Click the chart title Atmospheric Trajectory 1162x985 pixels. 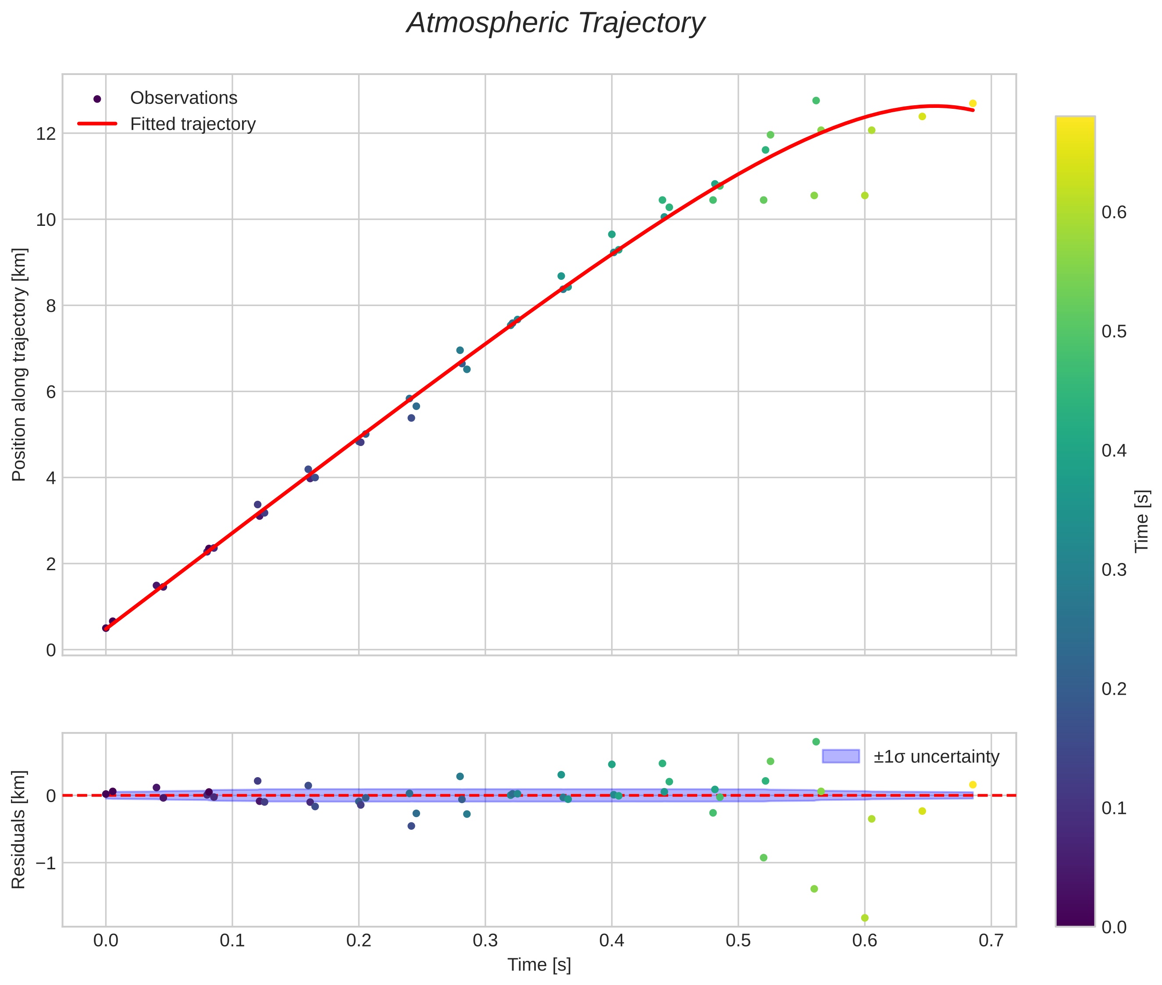coord(555,23)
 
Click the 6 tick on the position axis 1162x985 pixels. coord(51,392)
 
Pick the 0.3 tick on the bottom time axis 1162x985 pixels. coord(485,940)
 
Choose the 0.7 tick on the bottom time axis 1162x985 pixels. coord(991,940)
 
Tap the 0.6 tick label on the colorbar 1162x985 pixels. coord(1113,213)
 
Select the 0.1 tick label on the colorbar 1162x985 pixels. coord(1113,808)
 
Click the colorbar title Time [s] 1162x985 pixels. coord(1142,521)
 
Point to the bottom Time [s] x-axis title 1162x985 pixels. coord(539,965)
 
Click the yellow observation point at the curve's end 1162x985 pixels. coord(972,104)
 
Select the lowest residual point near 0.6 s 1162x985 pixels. coord(864,918)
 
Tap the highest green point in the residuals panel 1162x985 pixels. coord(816,742)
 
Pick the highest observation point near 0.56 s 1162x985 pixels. coord(816,101)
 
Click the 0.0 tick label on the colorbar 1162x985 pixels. coord(1113,928)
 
